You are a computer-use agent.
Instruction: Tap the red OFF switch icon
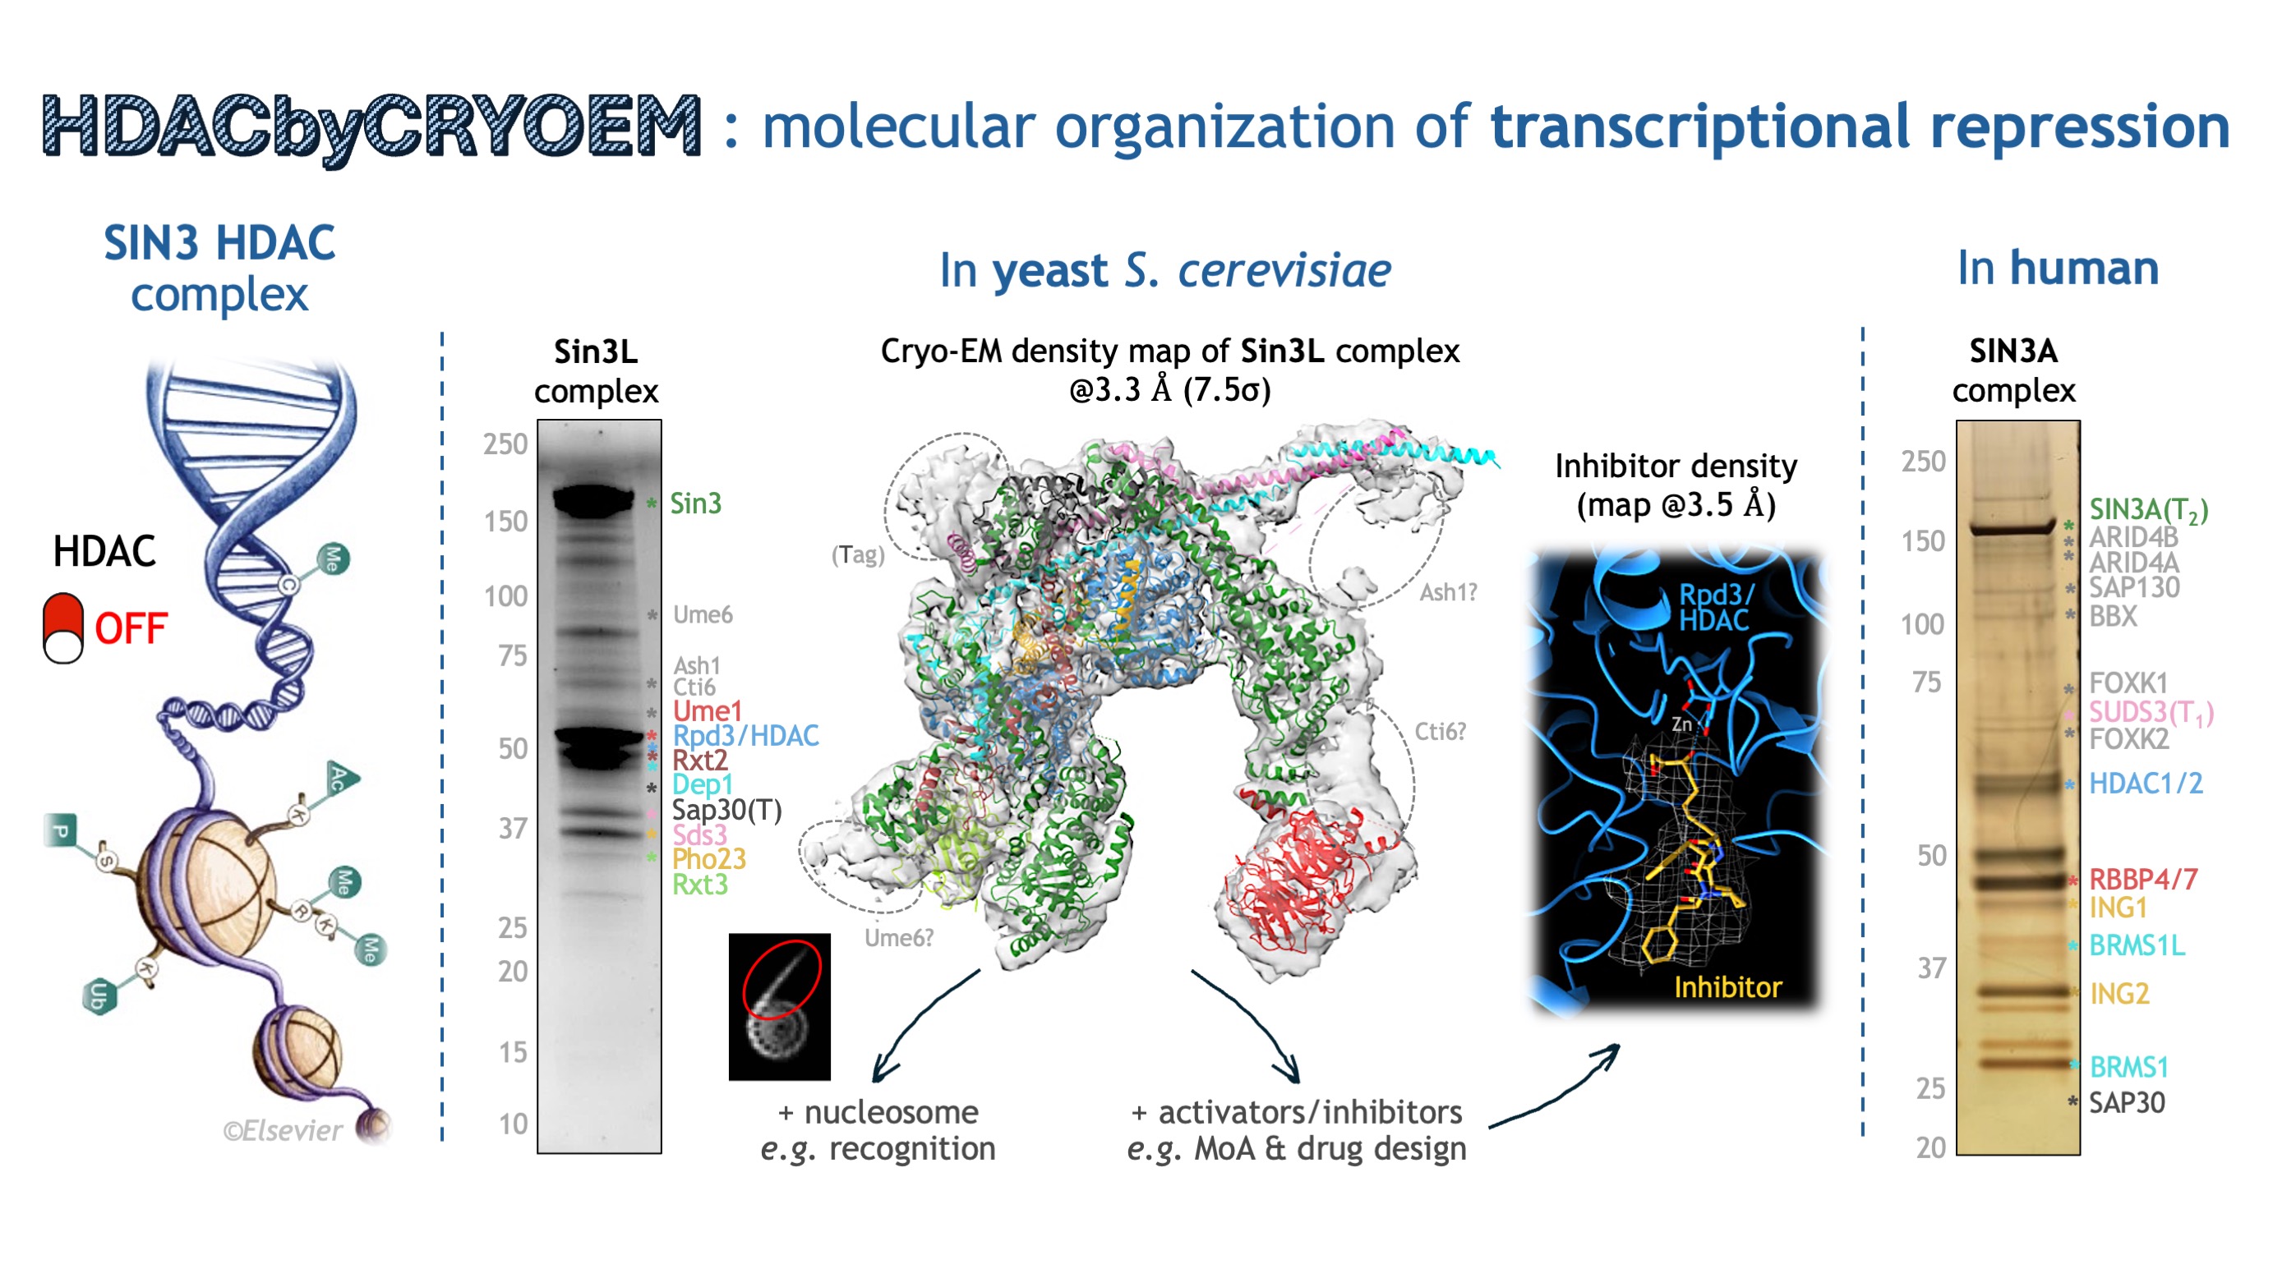[x=62, y=628]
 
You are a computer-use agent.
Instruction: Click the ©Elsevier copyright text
[x=283, y=1131]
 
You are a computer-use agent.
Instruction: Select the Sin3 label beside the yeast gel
[x=695, y=503]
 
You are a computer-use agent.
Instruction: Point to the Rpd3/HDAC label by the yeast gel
[x=745, y=736]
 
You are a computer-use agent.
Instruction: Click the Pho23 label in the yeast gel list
[x=708, y=859]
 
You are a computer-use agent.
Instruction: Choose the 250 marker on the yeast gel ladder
[x=505, y=444]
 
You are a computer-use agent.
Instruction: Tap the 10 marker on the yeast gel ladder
[x=513, y=1124]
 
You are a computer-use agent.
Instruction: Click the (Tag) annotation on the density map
[x=857, y=554]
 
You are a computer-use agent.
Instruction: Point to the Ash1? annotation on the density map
[x=1447, y=593]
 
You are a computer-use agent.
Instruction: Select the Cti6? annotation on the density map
[x=1440, y=731]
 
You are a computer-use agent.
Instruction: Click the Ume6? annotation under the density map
[x=898, y=937]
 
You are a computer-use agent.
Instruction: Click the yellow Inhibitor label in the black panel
[x=1727, y=987]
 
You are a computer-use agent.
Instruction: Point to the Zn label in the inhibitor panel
[x=1682, y=724]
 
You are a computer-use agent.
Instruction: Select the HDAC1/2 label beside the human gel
[x=2145, y=784]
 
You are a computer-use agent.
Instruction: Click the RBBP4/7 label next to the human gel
[x=2142, y=880]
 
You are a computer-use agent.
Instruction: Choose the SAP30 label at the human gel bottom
[x=2127, y=1102]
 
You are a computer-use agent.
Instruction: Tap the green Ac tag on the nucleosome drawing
[x=340, y=778]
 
